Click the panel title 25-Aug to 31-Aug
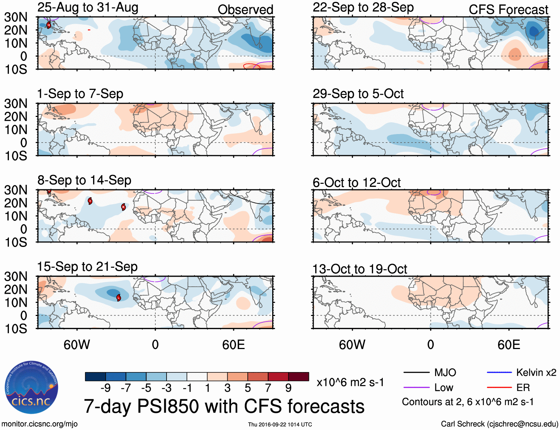pyautogui.click(x=88, y=7)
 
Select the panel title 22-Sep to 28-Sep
pyautogui.click(x=363, y=7)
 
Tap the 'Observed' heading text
pyautogui.click(x=245, y=10)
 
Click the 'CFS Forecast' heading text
pyautogui.click(x=508, y=10)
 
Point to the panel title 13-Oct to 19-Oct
pyautogui.click(x=360, y=269)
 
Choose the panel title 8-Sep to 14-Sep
pyautogui.click(x=84, y=180)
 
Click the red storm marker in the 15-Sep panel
pyautogui.click(x=119, y=297)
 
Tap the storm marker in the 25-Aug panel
pyautogui.click(x=49, y=25)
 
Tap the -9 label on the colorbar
pyautogui.click(x=106, y=388)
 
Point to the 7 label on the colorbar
pyautogui.click(x=268, y=388)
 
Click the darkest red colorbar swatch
pyautogui.click(x=299, y=377)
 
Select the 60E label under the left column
pyautogui.click(x=233, y=345)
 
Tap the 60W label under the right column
pyautogui.click(x=352, y=345)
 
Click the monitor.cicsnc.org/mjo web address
pyautogui.click(x=40, y=424)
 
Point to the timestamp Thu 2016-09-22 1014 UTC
pyautogui.click(x=280, y=424)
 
